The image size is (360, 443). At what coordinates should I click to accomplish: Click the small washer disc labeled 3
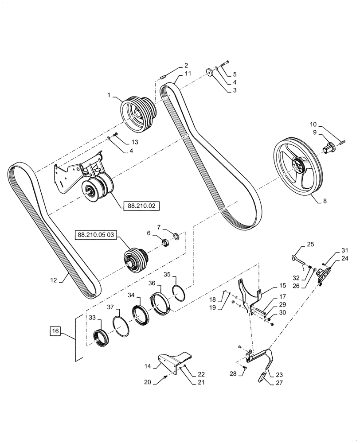click(209, 73)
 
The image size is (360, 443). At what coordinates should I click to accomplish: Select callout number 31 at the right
click(345, 250)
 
